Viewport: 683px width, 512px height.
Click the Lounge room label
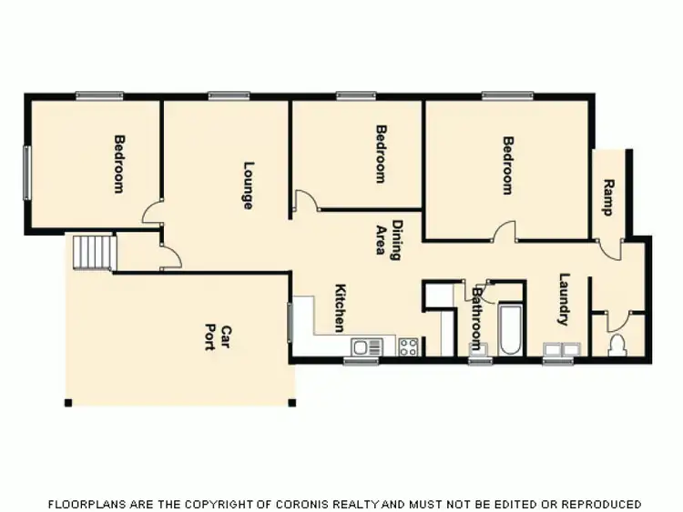click(x=247, y=186)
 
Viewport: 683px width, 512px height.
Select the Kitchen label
click(x=341, y=307)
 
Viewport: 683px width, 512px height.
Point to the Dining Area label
click(x=388, y=239)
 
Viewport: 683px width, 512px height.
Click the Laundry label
click(x=564, y=299)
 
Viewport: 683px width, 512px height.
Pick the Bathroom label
click(x=474, y=320)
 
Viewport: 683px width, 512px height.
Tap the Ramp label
click(x=608, y=196)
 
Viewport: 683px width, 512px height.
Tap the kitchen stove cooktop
click(x=408, y=346)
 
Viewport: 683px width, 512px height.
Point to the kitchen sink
click(x=367, y=346)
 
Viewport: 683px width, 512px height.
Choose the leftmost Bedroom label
click(x=118, y=164)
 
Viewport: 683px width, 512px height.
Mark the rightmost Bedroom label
click(x=508, y=166)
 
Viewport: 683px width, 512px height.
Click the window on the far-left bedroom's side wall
click(x=26, y=172)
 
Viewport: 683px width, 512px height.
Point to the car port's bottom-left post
click(x=67, y=403)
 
